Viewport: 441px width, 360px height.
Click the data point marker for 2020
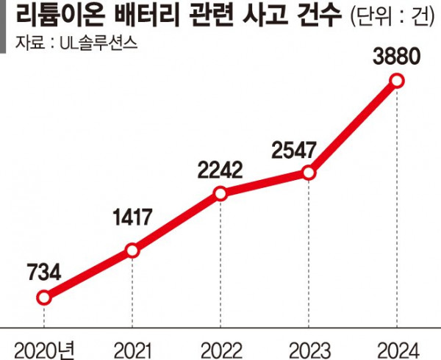(x=44, y=298)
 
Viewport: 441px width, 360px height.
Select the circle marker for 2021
(x=132, y=251)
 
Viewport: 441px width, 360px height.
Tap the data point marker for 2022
(x=220, y=194)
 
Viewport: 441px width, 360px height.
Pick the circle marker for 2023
(x=309, y=173)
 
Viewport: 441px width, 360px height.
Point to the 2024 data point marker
(x=397, y=81)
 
